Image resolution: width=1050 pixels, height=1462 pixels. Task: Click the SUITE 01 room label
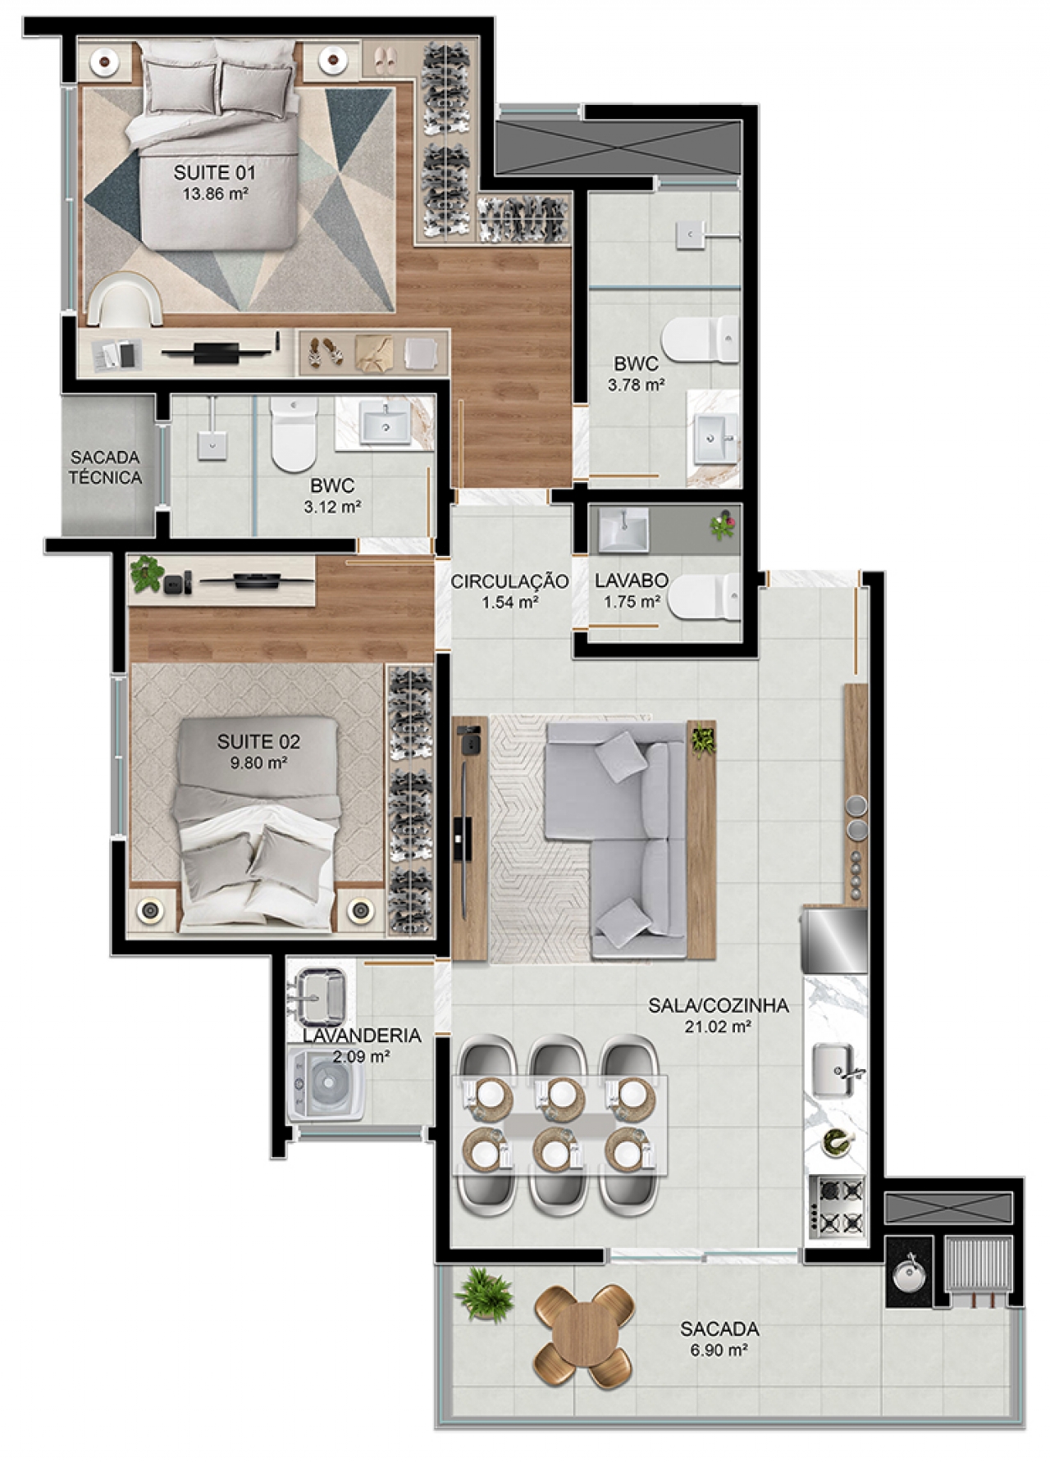click(x=214, y=173)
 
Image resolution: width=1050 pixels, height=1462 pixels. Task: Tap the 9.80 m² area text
click(x=258, y=763)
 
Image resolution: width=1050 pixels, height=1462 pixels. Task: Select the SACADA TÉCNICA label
click(x=105, y=467)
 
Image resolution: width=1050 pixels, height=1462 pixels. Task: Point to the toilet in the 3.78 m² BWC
click(x=701, y=339)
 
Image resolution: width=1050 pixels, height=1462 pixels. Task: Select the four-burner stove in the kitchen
click(x=837, y=1206)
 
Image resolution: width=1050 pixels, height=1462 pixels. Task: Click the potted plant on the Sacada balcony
click(x=485, y=1296)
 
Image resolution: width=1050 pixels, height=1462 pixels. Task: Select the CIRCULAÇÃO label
click(x=509, y=581)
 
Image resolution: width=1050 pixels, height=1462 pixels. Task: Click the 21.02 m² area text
click(x=719, y=1026)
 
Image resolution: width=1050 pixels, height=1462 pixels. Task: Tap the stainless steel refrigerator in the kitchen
click(x=834, y=941)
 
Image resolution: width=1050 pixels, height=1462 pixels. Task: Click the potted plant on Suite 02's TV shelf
click(x=148, y=573)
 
